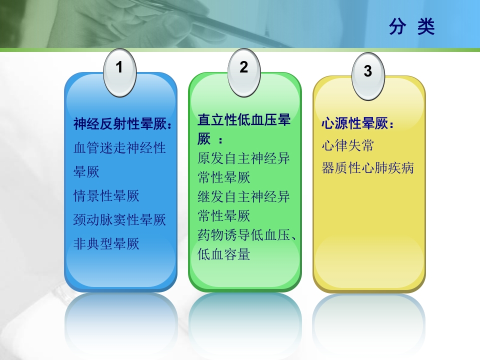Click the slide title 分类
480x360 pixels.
click(411, 27)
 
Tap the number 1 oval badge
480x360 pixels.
click(119, 67)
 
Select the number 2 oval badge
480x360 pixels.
click(243, 67)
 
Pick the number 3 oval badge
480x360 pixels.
click(368, 71)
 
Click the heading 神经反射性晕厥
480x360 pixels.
click(123, 124)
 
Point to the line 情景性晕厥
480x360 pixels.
click(106, 195)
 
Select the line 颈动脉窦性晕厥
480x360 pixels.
click(119, 219)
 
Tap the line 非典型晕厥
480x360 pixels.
click(106, 243)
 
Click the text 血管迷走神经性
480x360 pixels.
click(119, 148)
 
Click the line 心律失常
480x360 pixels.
click(348, 146)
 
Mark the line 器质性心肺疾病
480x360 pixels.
click(367, 168)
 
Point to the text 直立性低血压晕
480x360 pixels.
click(244, 120)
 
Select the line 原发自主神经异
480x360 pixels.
click(244, 158)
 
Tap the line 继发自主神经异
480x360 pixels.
click(244, 196)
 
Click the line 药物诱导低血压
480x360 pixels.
click(244, 235)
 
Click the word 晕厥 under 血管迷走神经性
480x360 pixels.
click(86, 172)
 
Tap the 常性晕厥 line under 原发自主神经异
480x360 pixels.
click(224, 177)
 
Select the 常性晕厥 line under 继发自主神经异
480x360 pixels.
click(224, 216)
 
